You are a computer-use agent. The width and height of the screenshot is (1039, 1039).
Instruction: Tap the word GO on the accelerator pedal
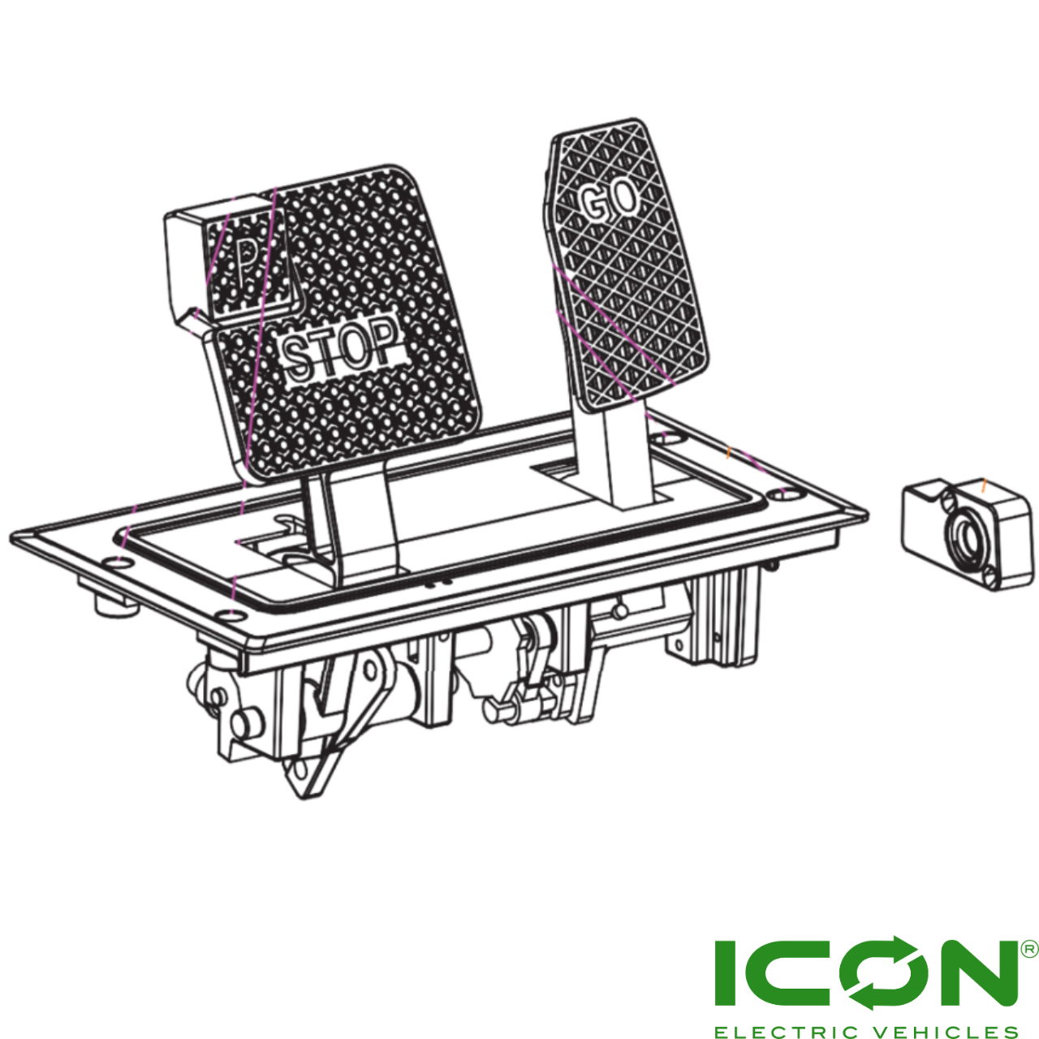coord(610,200)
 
